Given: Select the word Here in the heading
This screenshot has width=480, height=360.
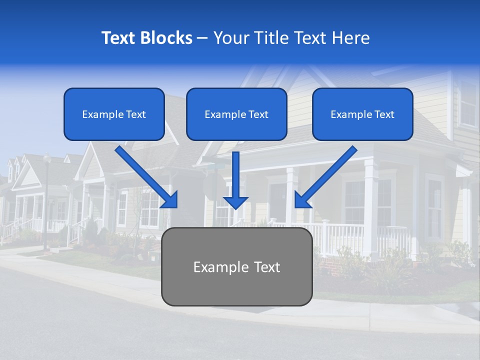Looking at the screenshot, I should click(x=352, y=38).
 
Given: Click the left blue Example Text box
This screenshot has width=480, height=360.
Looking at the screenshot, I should click(x=114, y=114).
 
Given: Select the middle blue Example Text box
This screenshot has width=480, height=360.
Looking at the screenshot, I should click(x=236, y=114).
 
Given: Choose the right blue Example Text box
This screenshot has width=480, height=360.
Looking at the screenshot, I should click(x=362, y=114).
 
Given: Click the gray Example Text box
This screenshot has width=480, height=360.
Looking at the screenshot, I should click(x=236, y=266).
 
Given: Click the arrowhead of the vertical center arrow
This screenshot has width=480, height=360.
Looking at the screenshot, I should click(x=235, y=202).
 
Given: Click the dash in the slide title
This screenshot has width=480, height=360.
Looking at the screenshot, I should click(x=202, y=38).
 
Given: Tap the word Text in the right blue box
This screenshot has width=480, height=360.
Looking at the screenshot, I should click(x=384, y=114).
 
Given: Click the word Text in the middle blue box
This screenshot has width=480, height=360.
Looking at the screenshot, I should click(x=258, y=114).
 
